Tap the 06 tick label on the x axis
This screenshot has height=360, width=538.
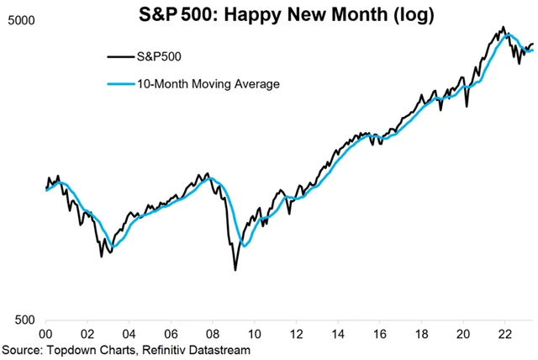[172, 333]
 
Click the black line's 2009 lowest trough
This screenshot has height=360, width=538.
[235, 269]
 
